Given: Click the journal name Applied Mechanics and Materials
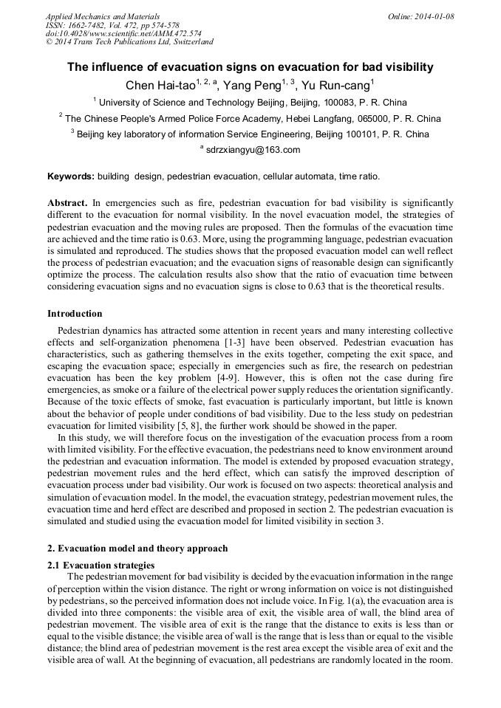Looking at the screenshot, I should point(102,16).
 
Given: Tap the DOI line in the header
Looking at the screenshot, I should point(123,33).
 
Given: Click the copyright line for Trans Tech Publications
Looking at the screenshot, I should point(129,42).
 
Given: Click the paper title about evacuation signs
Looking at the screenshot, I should point(250,67).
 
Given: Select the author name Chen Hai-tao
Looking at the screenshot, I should point(160,86).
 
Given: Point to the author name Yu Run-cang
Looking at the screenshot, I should point(338,86).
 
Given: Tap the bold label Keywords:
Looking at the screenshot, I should point(71,177).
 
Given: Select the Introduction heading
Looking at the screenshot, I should point(75,314).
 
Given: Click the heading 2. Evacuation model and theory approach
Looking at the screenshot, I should point(138,549).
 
